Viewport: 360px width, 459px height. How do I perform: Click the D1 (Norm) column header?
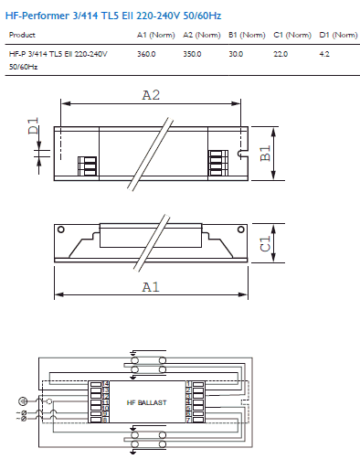coord(338,35)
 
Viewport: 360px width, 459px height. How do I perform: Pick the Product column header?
coord(22,35)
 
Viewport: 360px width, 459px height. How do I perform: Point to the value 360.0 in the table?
coord(146,55)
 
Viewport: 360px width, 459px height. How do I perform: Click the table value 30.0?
coord(236,55)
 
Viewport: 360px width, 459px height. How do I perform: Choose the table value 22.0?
coord(281,55)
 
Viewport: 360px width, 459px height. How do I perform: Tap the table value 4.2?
coord(324,55)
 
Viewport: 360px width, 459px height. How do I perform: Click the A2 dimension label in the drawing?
coord(152,94)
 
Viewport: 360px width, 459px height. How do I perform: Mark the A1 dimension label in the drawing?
coord(152,286)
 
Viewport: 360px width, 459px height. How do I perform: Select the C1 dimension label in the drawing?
coord(266,243)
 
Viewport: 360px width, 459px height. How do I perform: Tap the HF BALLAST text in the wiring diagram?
coord(147,403)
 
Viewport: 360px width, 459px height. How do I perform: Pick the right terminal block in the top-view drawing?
coord(217,158)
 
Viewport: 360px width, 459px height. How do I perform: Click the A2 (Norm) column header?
coord(201,35)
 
